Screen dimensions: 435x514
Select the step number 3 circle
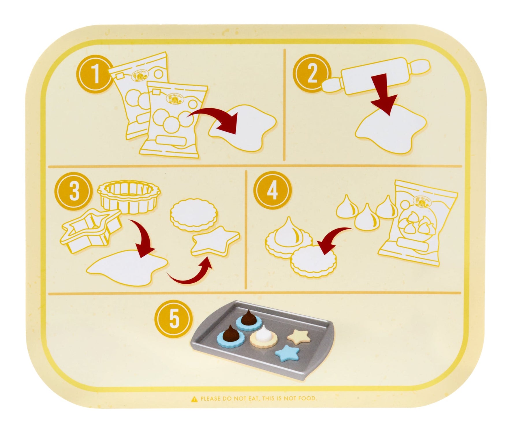[74, 192]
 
